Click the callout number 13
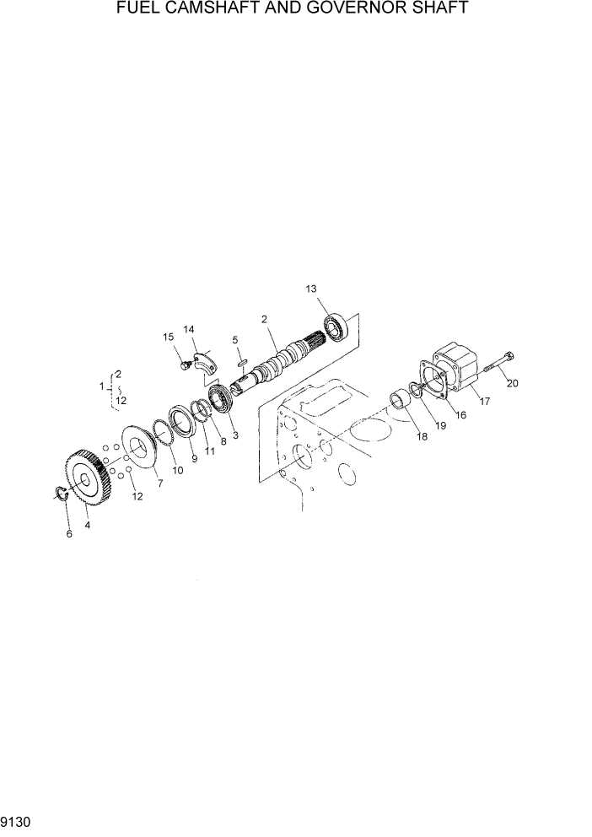(312, 289)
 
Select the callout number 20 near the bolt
(512, 383)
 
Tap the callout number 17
(484, 401)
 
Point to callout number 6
(69, 534)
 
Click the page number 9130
(18, 819)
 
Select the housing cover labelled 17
(452, 375)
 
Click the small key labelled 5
(240, 359)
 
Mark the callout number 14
(189, 329)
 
